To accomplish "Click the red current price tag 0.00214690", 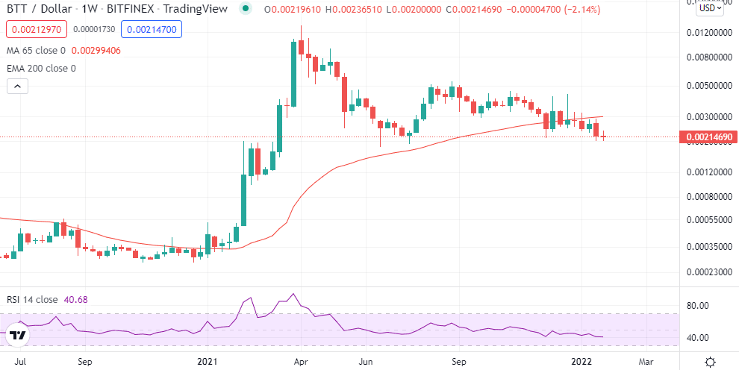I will pos(708,137).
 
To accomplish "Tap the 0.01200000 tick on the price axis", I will pos(707,33).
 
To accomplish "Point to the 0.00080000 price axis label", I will pos(707,198).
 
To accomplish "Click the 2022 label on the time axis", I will pos(583,361).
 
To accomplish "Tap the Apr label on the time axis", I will pos(301,361).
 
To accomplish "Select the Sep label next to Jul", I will pos(84,361).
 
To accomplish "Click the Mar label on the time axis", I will pos(646,361).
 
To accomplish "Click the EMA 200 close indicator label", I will pos(40,69).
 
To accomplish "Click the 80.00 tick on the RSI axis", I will pos(696,306).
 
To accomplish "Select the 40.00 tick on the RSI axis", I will pos(696,338).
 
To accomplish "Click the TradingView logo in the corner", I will pos(18,336).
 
